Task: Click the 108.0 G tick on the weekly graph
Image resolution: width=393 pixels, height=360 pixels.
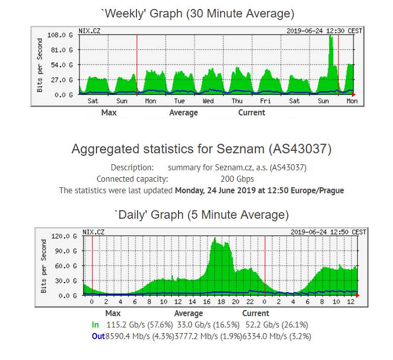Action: point(63,35)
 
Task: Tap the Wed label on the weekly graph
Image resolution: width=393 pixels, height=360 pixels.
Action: point(208,101)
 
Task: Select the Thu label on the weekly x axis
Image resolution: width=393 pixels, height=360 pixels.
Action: point(237,101)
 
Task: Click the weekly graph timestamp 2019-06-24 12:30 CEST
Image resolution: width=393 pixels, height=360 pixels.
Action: point(325,31)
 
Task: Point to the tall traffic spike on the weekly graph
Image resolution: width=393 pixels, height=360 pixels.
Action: point(331,56)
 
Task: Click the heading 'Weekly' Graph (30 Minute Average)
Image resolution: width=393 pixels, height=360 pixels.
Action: point(196,13)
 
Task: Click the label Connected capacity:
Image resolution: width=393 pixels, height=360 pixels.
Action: point(132,179)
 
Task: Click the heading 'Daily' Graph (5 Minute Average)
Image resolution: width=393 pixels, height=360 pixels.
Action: point(202,215)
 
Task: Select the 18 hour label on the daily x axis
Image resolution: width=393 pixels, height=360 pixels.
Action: point(221,302)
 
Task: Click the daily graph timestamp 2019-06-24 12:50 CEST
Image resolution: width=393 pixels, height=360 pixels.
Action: point(328,232)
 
